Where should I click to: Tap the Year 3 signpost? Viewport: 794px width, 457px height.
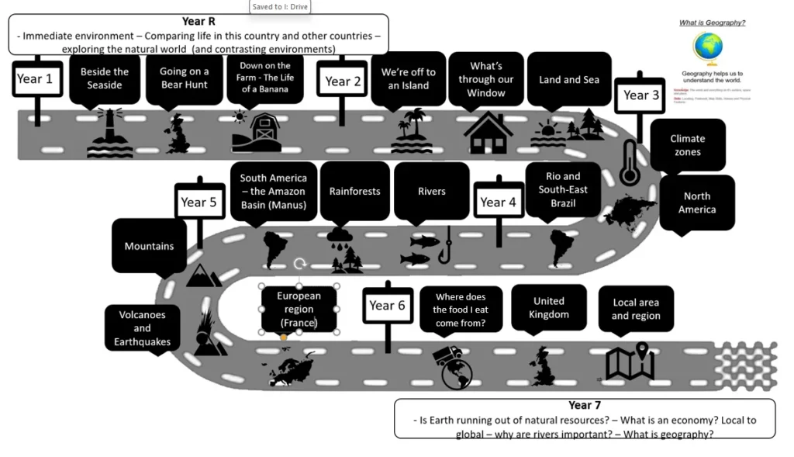tap(640, 95)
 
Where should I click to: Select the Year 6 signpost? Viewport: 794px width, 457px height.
tap(387, 306)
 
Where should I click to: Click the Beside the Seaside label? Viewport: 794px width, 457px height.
tap(105, 78)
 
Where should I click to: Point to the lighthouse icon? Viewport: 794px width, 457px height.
tap(109, 133)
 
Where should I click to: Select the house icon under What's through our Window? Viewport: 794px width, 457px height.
tap(488, 133)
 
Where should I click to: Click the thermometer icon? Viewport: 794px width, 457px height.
tap(630, 162)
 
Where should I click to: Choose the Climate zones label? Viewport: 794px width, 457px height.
tap(687, 145)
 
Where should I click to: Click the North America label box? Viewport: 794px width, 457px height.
tap(696, 203)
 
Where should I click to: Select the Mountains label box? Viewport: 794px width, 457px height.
tap(149, 246)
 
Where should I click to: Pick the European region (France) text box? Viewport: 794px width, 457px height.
tap(299, 309)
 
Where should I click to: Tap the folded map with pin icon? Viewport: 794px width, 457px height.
tap(630, 362)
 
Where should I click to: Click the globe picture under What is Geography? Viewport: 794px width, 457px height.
tap(708, 48)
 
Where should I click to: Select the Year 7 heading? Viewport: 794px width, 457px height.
tap(584, 405)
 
